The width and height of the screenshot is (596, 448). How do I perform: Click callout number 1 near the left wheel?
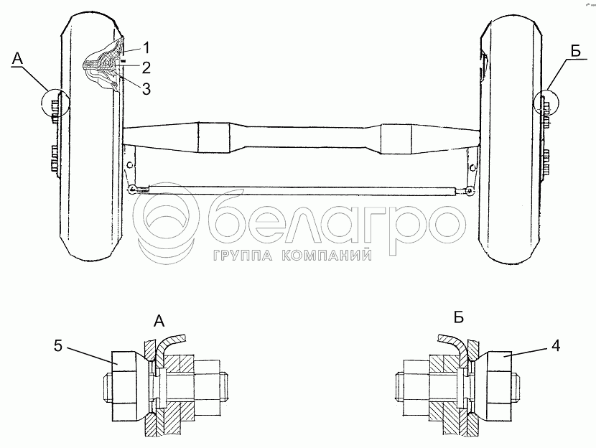pos(146,48)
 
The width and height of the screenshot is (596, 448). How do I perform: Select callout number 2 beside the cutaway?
pos(146,67)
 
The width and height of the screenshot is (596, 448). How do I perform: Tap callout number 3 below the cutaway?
pos(146,88)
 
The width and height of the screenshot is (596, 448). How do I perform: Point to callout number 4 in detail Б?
pos(556,346)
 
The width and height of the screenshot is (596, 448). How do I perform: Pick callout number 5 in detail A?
pos(57,346)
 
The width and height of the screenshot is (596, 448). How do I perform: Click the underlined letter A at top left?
pos(17,59)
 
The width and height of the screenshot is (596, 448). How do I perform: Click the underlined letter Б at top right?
pos(576,50)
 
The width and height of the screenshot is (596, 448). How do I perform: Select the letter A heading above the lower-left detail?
pos(159,322)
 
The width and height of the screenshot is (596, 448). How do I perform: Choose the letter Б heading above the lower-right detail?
pos(459,317)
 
